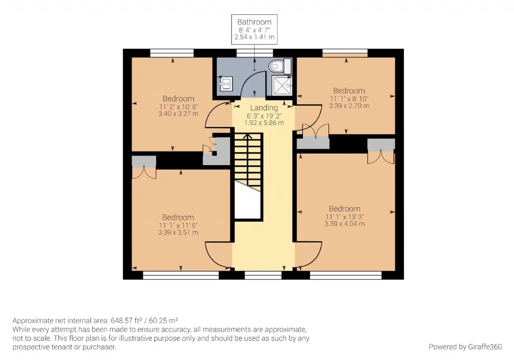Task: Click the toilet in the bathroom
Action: (x=280, y=66)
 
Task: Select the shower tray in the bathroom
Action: (x=282, y=86)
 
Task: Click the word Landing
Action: (x=264, y=108)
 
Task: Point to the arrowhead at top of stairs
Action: (x=247, y=136)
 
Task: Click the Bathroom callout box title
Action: (x=254, y=22)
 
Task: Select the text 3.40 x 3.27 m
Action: (x=178, y=114)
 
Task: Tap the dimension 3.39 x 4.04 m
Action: (x=345, y=224)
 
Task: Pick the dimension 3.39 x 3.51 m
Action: (x=178, y=232)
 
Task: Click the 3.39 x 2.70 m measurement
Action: (x=349, y=105)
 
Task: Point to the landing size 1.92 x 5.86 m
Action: (x=264, y=123)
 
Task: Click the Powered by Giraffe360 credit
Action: (x=465, y=347)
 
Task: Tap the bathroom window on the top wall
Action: (x=255, y=53)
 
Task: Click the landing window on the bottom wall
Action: (x=263, y=275)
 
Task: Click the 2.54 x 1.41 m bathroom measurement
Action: (x=254, y=37)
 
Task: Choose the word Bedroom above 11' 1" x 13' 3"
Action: (x=345, y=209)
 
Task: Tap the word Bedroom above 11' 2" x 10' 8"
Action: (x=178, y=99)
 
